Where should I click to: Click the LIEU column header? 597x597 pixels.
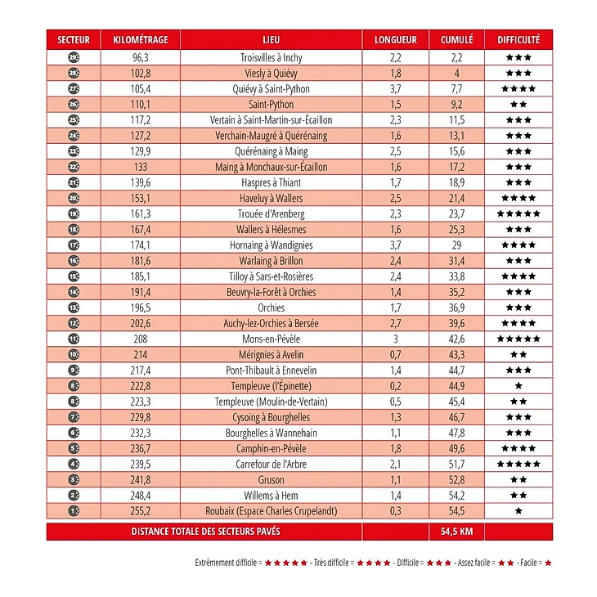(271, 39)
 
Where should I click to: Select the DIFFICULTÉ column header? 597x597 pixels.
(518, 39)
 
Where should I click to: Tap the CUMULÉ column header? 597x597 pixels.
(457, 39)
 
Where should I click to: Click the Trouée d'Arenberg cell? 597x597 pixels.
(271, 214)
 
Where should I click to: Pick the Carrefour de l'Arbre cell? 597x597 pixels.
(271, 465)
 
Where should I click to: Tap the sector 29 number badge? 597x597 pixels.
(74, 58)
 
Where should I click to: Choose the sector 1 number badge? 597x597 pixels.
(74, 511)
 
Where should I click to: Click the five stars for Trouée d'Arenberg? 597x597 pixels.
(518, 214)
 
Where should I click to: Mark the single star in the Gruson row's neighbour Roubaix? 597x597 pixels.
(518, 511)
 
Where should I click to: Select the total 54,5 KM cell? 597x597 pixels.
(457, 532)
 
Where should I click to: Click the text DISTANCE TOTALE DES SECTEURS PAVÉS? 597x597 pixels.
(205, 532)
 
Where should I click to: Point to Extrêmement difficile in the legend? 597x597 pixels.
(227, 563)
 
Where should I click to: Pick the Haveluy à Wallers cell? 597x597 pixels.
(271, 199)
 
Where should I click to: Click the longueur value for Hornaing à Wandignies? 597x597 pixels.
(396, 245)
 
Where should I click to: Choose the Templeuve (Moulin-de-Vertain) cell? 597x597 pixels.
(271, 402)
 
